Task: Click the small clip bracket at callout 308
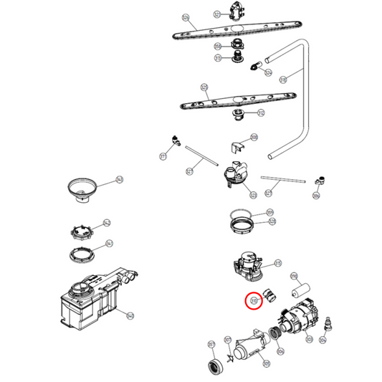click(x=237, y=147)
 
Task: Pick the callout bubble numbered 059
click(x=270, y=212)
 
